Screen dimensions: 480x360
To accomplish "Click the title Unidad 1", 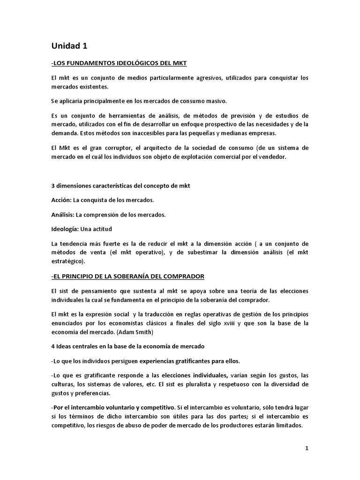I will [x=69, y=46].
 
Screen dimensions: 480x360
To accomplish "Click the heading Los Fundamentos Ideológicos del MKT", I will [x=120, y=63].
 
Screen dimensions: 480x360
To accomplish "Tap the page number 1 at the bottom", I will [x=307, y=448].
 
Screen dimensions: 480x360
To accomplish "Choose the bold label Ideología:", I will [x=67, y=229].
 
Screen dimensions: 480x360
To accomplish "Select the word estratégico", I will [x=67, y=261].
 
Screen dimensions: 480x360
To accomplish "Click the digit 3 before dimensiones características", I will [x=53, y=186].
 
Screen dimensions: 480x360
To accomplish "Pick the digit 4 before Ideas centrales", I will [x=53, y=346].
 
